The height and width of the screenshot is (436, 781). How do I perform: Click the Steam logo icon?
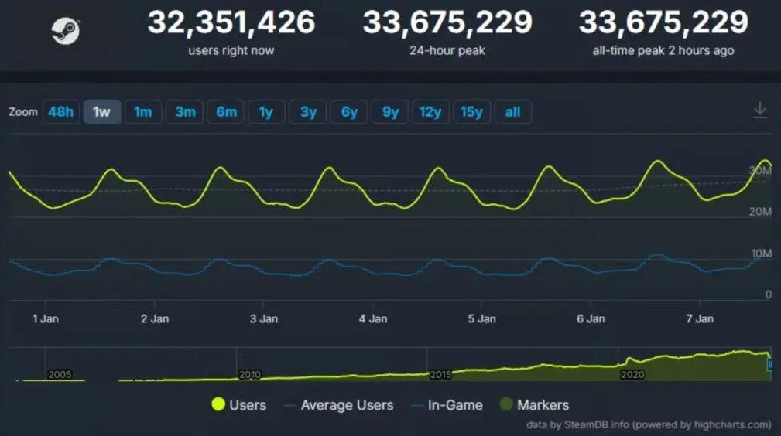pyautogui.click(x=66, y=32)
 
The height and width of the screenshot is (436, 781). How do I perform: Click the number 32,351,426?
pyautogui.click(x=231, y=22)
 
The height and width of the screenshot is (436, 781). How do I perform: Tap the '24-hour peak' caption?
pyautogui.click(x=447, y=51)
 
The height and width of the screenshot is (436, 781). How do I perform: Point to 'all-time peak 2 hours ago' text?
pyautogui.click(x=663, y=51)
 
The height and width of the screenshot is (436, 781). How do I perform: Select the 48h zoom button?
pyautogui.click(x=61, y=112)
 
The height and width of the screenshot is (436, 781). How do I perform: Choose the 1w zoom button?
pyautogui.click(x=101, y=112)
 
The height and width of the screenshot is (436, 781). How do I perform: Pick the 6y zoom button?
pyautogui.click(x=349, y=112)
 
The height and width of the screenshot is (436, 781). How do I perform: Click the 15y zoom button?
pyautogui.click(x=471, y=112)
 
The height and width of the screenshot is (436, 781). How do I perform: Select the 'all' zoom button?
pyautogui.click(x=512, y=112)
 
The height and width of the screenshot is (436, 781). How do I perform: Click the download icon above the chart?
pyautogui.click(x=760, y=111)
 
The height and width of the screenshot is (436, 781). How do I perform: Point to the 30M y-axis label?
pyautogui.click(x=761, y=170)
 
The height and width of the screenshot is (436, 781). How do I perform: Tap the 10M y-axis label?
pyautogui.click(x=761, y=254)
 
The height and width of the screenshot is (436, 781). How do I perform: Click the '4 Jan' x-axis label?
pyautogui.click(x=373, y=318)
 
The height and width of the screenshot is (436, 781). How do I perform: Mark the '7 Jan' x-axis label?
pyautogui.click(x=701, y=318)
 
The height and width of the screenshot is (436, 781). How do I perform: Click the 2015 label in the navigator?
pyautogui.click(x=440, y=374)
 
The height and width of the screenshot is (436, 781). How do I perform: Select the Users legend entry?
pyautogui.click(x=238, y=405)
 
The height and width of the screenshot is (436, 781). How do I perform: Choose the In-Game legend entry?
pyautogui.click(x=455, y=405)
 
